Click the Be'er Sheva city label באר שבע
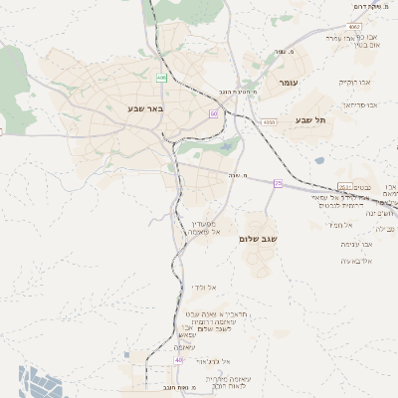(145, 106)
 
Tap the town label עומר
(290, 83)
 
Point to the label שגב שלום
(258, 239)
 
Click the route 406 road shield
(161, 77)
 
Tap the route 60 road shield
(213, 113)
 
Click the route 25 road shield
(278, 183)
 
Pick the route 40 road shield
(151, 360)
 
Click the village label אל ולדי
(204, 287)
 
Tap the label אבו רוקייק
(353, 83)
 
